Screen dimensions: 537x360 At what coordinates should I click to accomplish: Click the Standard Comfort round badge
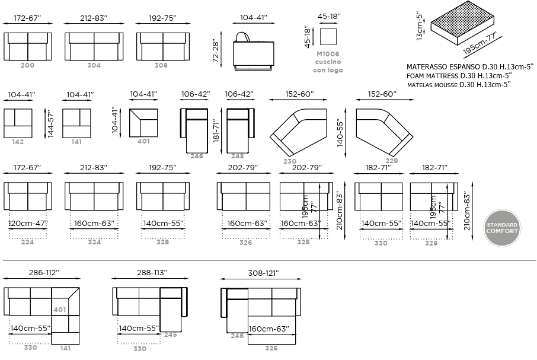pos(502,228)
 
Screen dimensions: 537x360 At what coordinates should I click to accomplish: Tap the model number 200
pos(27,65)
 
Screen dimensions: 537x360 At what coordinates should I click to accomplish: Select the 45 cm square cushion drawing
pos(328,36)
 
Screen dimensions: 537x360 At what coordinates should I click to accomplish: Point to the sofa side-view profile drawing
pos(254,52)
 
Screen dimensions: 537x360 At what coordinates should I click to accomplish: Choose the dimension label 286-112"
pos(44,273)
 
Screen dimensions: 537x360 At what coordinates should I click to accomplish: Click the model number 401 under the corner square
pos(143,141)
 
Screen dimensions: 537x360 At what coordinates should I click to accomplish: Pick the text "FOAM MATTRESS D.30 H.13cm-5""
pos(459,76)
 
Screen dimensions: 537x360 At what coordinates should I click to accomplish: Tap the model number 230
pos(290,161)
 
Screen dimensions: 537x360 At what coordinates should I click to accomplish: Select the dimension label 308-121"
pos(263,273)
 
